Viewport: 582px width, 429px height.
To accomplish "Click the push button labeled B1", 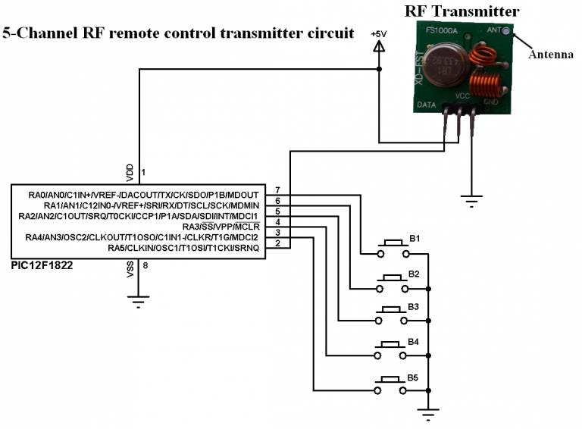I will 391,247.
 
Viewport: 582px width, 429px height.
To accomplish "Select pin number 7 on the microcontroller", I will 278,189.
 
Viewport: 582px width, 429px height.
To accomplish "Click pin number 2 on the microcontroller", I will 278,243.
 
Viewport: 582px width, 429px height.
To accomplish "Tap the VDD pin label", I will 130,173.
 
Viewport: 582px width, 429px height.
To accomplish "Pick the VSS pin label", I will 130,270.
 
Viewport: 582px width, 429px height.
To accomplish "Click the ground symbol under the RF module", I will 471,200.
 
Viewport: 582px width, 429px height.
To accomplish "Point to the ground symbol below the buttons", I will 428,413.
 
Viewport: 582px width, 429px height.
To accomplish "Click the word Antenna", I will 549,55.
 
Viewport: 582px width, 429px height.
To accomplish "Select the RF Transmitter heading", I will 462,11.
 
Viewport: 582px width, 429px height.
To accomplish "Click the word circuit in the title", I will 327,33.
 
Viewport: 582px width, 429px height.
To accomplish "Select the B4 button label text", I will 413,342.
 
